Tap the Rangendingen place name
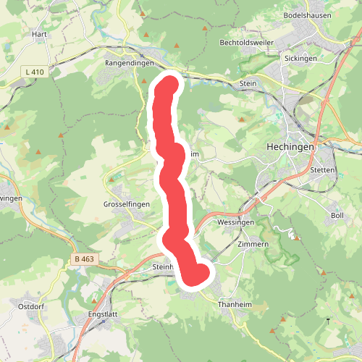[x=130, y=63]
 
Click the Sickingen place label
[x=301, y=58]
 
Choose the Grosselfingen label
[x=127, y=205]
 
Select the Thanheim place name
[x=235, y=305]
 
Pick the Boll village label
[x=337, y=216]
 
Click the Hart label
[x=39, y=34]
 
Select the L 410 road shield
[x=34, y=72]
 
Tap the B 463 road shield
[x=85, y=258]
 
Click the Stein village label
[x=248, y=84]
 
